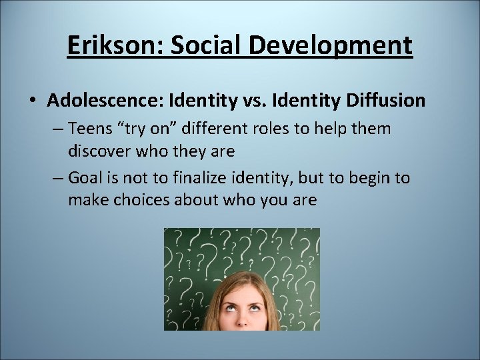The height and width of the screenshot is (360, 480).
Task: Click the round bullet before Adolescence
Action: pos(33,101)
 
